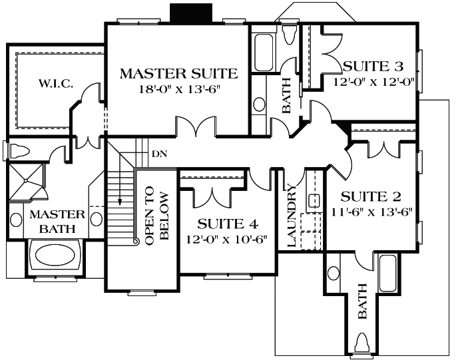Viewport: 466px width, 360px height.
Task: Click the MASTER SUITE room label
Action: (178, 73)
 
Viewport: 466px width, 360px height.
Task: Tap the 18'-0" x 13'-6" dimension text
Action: (178, 89)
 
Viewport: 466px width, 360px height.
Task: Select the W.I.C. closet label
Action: (55, 84)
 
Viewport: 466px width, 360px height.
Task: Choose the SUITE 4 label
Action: (228, 224)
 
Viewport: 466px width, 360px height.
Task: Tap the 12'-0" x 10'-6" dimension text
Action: (228, 239)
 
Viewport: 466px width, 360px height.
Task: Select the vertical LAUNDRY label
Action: (292, 215)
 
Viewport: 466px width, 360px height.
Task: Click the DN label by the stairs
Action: (159, 154)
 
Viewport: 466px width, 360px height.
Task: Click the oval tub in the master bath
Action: (55, 256)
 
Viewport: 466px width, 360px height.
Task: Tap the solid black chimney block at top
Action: (190, 13)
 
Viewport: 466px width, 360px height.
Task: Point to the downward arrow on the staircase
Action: (120, 198)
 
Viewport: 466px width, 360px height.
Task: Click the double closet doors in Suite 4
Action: (212, 194)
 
